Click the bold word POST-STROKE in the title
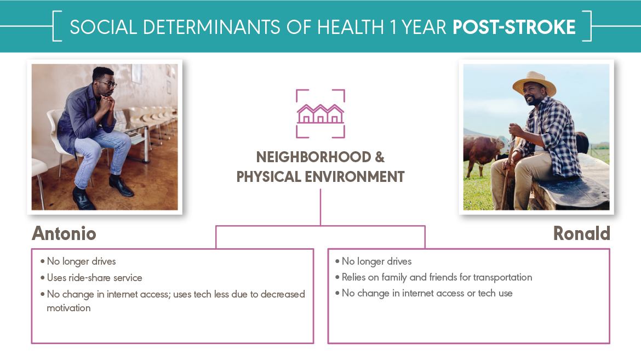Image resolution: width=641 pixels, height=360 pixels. coord(514,27)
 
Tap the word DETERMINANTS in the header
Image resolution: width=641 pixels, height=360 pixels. coord(212,27)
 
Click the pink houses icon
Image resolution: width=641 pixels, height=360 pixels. coord(321,114)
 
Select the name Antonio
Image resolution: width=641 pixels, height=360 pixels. coord(64,233)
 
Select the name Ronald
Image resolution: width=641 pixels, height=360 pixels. coord(581,233)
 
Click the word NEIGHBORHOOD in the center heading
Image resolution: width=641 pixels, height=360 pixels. coord(313,157)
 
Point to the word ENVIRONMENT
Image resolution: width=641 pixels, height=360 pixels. coord(354,176)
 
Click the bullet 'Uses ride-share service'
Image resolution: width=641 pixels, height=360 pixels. coord(94,278)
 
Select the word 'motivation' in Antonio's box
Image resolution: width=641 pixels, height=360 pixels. coord(68,308)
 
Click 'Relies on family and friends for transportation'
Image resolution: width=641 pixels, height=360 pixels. coord(437,277)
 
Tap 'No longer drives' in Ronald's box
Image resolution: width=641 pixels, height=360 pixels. coord(376,261)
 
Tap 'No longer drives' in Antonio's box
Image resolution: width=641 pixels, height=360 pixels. coord(81,261)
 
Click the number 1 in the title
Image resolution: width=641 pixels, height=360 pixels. coord(393,27)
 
